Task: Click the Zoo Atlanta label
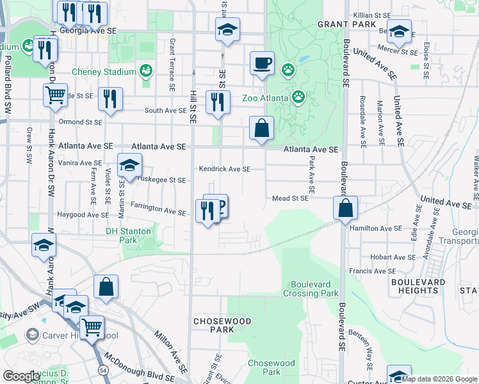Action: [x=264, y=98]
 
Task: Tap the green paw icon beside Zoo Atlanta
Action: [x=298, y=97]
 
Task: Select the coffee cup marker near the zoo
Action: [x=262, y=63]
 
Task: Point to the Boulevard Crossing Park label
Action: [x=314, y=289]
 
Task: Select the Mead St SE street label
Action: [x=290, y=198]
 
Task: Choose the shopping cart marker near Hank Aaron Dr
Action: [x=56, y=95]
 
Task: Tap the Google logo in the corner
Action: [x=21, y=376]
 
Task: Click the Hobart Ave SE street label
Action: [x=393, y=257]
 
